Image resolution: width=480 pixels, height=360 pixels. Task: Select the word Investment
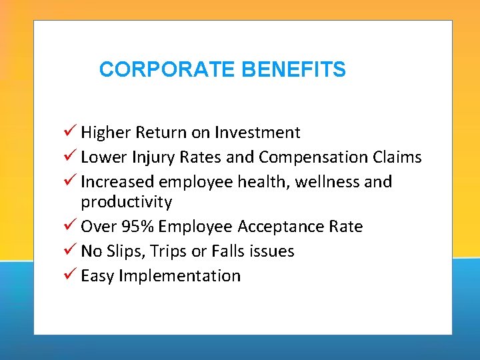tap(264, 133)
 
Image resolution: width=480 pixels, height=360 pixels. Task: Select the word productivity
tap(127, 202)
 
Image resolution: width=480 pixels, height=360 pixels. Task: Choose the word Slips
tap(126, 251)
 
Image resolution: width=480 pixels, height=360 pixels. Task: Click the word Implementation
tap(179, 276)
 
